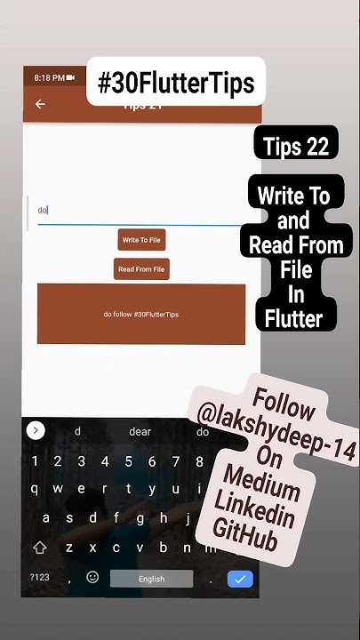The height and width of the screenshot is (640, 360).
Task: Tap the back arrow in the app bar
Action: tap(40, 105)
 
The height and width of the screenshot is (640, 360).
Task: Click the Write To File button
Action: tap(142, 240)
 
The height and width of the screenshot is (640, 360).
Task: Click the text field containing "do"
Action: tap(133, 211)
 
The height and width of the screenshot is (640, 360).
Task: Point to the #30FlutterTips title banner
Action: tap(176, 83)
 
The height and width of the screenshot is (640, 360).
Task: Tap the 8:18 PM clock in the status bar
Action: tap(49, 78)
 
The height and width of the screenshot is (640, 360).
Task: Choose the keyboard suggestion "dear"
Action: tap(140, 432)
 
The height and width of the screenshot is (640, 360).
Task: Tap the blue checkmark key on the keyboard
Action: tap(240, 579)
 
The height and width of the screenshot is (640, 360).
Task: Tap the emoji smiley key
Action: tap(92, 578)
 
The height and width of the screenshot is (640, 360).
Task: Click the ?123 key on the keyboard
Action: tap(40, 578)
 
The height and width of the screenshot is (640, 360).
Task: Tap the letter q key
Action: tap(34, 489)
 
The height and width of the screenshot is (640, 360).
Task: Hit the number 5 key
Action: tap(128, 461)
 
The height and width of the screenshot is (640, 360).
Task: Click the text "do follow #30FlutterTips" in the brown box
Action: tap(141, 315)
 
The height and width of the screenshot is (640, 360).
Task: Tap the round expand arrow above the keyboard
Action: tap(36, 431)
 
